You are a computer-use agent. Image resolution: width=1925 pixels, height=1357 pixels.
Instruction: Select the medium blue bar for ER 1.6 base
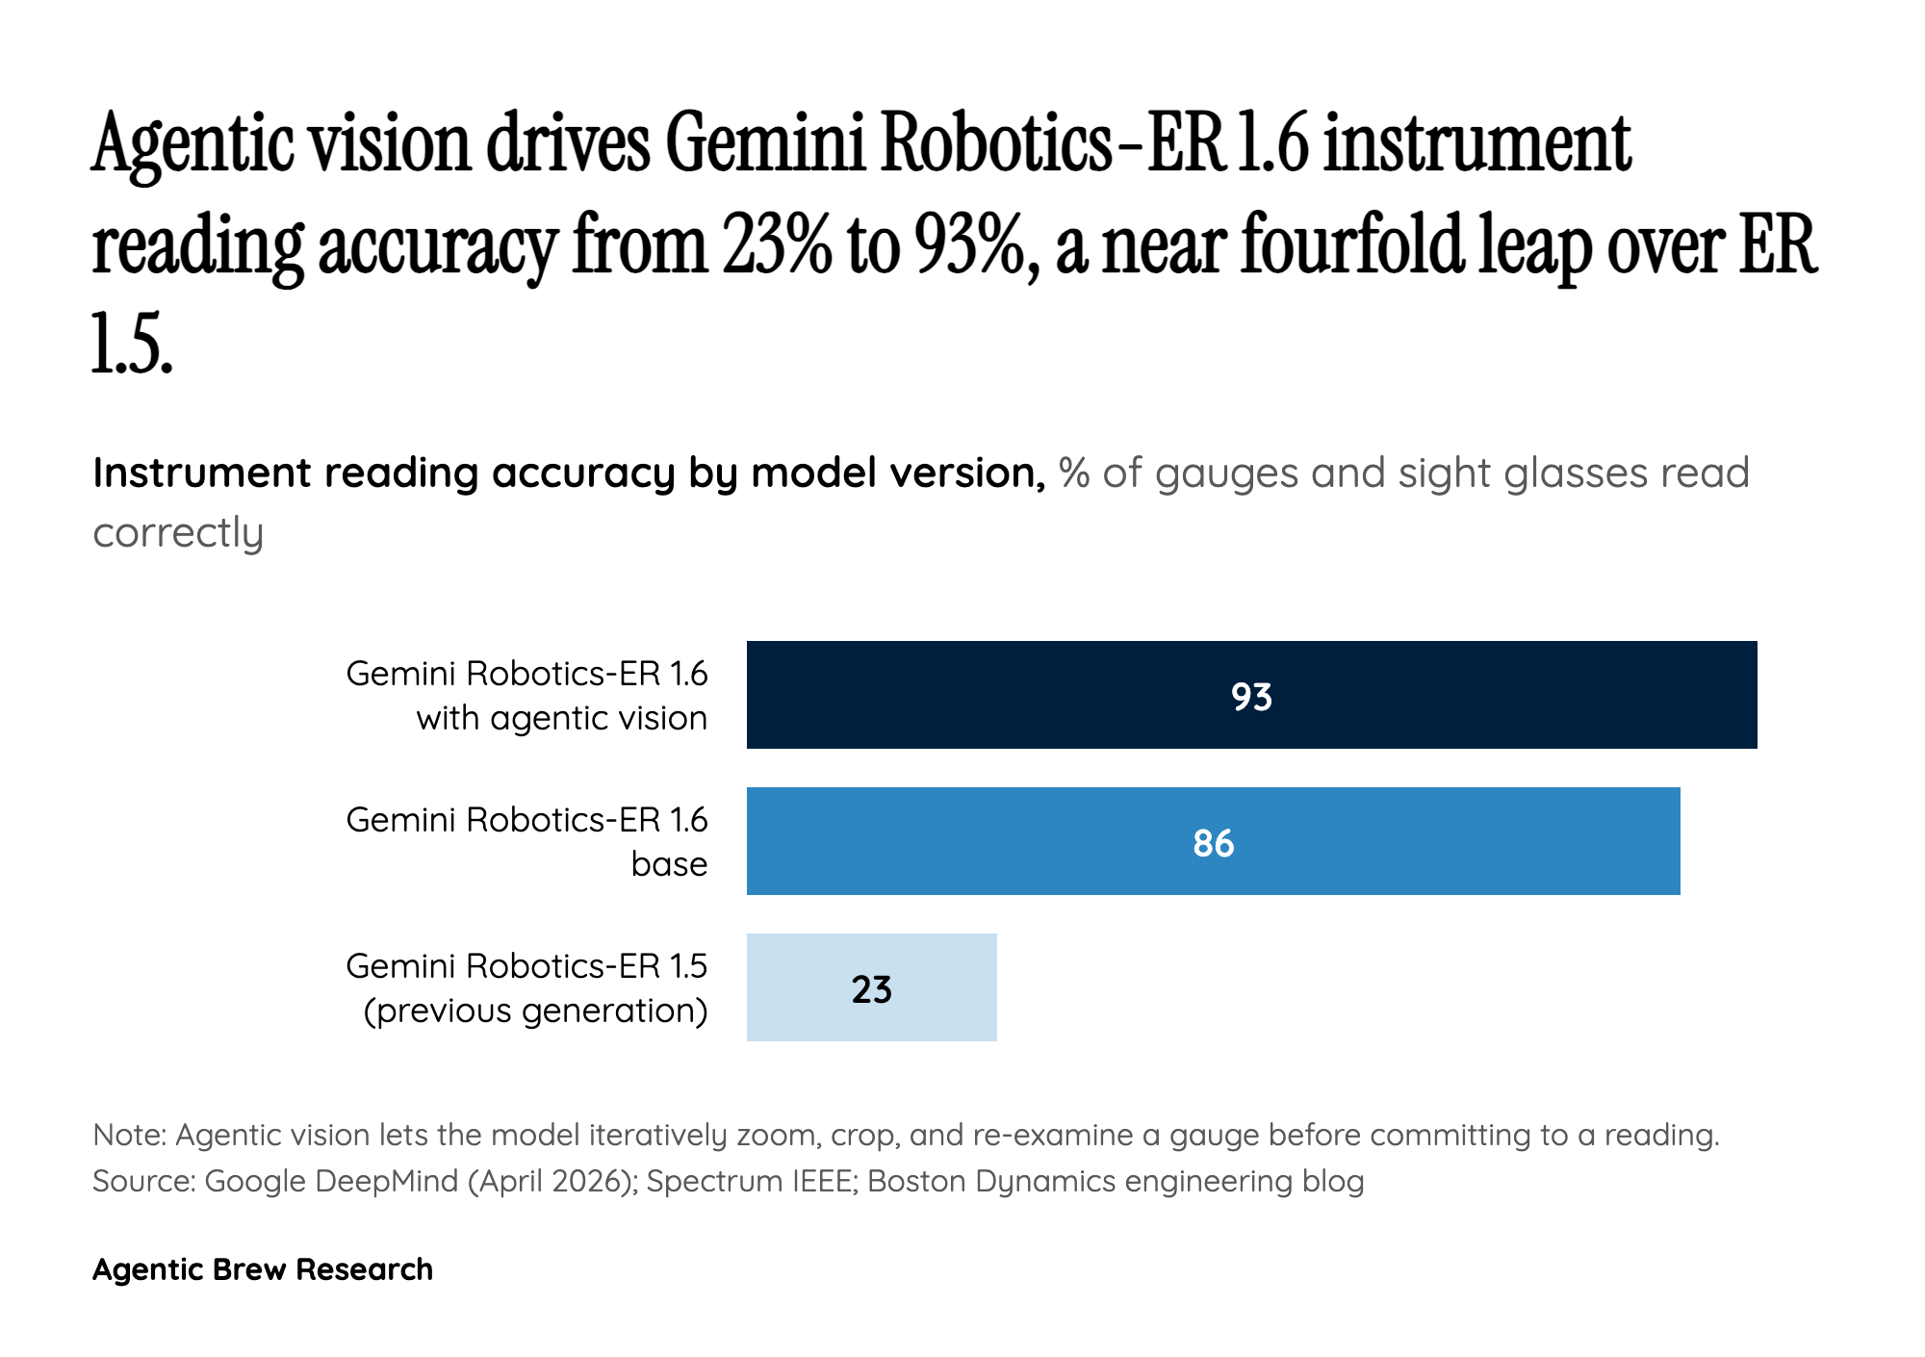(x=962, y=841)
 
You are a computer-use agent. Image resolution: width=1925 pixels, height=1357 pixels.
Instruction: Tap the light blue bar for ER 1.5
(x=799, y=987)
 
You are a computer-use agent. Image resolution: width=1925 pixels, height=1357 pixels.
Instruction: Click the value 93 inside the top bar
(x=1251, y=697)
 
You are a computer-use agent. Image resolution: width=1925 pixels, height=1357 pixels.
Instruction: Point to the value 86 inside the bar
(x=1213, y=843)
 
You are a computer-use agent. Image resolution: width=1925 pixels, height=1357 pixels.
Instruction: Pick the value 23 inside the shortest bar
(x=872, y=989)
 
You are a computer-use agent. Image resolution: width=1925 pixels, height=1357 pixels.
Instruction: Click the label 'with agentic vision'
(x=561, y=718)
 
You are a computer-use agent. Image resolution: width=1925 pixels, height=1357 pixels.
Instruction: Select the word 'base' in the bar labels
(x=669, y=864)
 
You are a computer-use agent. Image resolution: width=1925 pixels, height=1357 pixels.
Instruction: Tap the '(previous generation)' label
(x=535, y=1011)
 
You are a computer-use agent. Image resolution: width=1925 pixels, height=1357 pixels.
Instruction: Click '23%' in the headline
(x=777, y=246)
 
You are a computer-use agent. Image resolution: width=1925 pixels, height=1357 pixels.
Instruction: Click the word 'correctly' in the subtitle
(x=178, y=532)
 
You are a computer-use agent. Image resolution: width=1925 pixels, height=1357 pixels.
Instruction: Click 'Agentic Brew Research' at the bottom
(x=263, y=1269)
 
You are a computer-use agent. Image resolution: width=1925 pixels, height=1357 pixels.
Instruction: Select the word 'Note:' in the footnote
(x=130, y=1136)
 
